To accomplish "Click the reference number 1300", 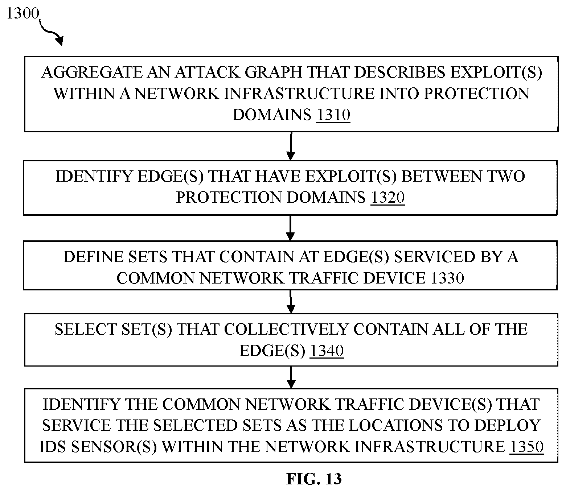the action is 23,13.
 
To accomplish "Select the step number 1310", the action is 333,115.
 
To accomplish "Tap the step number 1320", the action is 387,197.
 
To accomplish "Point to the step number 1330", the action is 447,278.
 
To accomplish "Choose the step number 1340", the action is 327,351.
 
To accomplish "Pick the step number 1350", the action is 526,447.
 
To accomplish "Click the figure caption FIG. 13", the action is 314,479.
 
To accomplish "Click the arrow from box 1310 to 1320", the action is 291,146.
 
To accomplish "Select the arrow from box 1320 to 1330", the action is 290,228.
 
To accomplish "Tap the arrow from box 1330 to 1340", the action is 291,302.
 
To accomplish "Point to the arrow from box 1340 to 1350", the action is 291,377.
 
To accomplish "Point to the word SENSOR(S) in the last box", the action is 114,447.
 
